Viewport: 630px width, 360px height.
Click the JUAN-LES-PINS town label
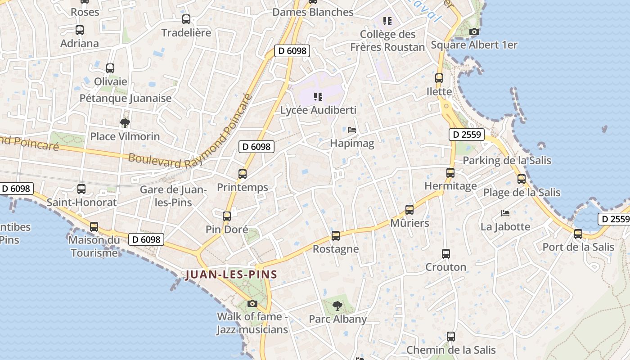pyautogui.click(x=231, y=274)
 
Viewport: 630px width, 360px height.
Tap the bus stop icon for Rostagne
pyautogui.click(x=336, y=236)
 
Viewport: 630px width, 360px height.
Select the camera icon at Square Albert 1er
pyautogui.click(x=474, y=31)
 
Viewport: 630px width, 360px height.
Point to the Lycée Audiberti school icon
pyautogui.click(x=318, y=96)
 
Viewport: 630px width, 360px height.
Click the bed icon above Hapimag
pyautogui.click(x=352, y=130)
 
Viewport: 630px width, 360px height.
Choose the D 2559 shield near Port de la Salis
pyautogui.click(x=613, y=219)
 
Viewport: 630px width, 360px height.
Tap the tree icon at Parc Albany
pyautogui.click(x=337, y=306)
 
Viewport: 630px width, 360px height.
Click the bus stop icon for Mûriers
pyautogui.click(x=409, y=210)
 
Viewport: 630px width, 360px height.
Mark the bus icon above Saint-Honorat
pyautogui.click(x=81, y=189)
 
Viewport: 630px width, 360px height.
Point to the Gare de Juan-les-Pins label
pyautogui.click(x=173, y=196)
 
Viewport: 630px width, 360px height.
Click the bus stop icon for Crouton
pyautogui.click(x=446, y=254)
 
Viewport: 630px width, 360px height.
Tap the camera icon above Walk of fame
pyautogui.click(x=252, y=303)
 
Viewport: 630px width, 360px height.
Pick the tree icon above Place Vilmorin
pyautogui.click(x=125, y=122)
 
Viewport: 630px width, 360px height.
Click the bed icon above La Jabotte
pyautogui.click(x=505, y=213)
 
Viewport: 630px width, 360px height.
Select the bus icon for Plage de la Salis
pyautogui.click(x=522, y=179)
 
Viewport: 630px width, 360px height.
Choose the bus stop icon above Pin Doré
pyautogui.click(x=227, y=216)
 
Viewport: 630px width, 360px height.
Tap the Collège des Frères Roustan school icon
pyautogui.click(x=387, y=21)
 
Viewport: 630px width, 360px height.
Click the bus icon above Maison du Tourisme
pyautogui.click(x=94, y=226)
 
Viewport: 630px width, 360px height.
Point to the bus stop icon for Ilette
pyautogui.click(x=439, y=78)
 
